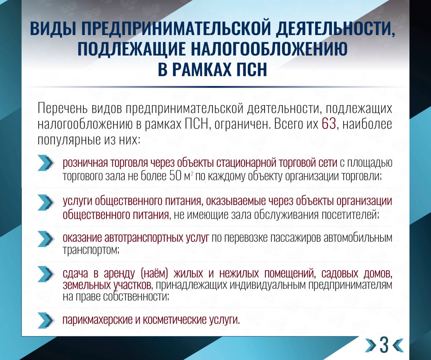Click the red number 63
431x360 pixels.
(329, 125)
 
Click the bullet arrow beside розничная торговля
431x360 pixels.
(46, 163)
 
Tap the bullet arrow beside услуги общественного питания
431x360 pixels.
(46, 202)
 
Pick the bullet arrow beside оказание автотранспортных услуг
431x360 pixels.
(46, 239)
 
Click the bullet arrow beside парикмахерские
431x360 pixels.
(46, 321)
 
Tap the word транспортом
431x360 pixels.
(91, 250)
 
